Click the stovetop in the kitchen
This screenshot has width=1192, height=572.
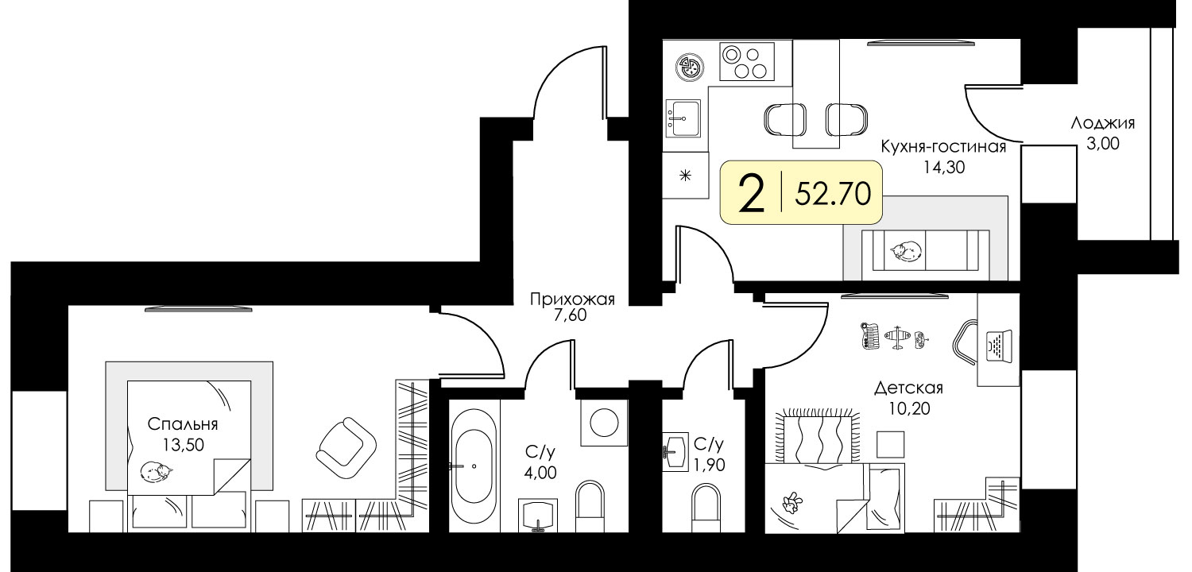[x=747, y=62]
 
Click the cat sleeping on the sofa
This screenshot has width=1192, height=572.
[x=906, y=250]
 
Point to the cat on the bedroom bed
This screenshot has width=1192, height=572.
[x=157, y=471]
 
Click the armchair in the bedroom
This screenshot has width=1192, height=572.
[x=346, y=449]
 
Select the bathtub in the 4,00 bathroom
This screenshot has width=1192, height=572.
[x=474, y=466]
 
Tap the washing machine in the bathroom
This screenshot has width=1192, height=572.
[x=604, y=423]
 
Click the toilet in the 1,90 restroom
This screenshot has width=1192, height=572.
[x=706, y=508]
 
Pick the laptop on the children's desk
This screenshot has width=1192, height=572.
[x=999, y=346]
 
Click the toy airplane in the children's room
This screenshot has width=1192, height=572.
[x=898, y=337]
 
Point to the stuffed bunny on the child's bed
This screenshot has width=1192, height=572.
[x=791, y=501]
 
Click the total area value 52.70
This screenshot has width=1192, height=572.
[x=833, y=193]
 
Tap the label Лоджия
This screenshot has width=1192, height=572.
[x=1103, y=123]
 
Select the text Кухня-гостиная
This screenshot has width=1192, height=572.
[x=943, y=146]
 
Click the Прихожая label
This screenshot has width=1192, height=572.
[x=572, y=300]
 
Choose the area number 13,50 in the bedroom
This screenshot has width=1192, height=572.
[x=183, y=444]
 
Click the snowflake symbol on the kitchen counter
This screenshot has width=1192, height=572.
[x=685, y=175]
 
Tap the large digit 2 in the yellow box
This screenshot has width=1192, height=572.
[x=752, y=194]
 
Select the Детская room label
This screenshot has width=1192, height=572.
[x=908, y=388]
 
